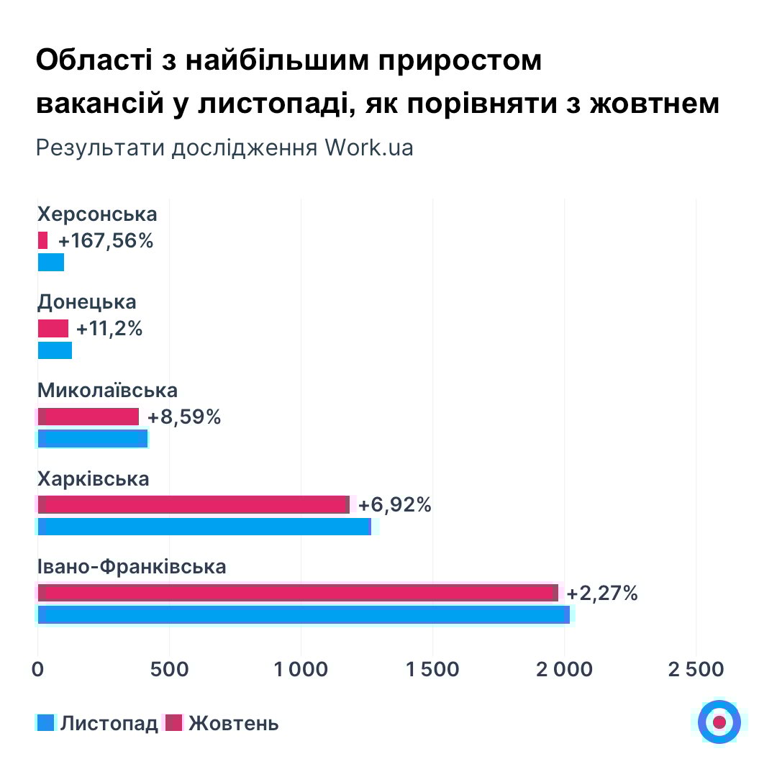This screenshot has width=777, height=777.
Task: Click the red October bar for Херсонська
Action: point(42,240)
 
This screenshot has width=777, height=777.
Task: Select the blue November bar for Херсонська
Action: point(51,262)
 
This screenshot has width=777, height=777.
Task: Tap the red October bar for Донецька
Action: point(53,329)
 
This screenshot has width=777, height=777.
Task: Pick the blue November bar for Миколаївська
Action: point(93,438)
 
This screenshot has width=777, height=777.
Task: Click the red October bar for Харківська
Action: point(193,504)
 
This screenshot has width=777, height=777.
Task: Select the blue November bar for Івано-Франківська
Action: point(304,614)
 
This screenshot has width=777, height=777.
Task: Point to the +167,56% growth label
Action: point(106,241)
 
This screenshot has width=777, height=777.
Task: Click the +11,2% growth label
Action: point(109,329)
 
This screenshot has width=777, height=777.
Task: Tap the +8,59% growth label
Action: point(183,417)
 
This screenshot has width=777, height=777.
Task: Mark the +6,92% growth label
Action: point(394,504)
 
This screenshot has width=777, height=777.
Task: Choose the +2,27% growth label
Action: point(602,594)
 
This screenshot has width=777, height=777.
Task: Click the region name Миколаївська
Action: point(107,391)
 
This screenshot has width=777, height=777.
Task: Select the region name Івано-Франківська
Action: point(132,566)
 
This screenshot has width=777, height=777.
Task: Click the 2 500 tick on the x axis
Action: point(695,669)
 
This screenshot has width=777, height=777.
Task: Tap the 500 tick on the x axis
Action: point(169,669)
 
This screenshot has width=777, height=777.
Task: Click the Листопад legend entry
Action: point(97,723)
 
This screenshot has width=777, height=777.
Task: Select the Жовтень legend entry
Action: point(222,723)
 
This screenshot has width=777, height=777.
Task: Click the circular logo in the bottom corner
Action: point(719,722)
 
